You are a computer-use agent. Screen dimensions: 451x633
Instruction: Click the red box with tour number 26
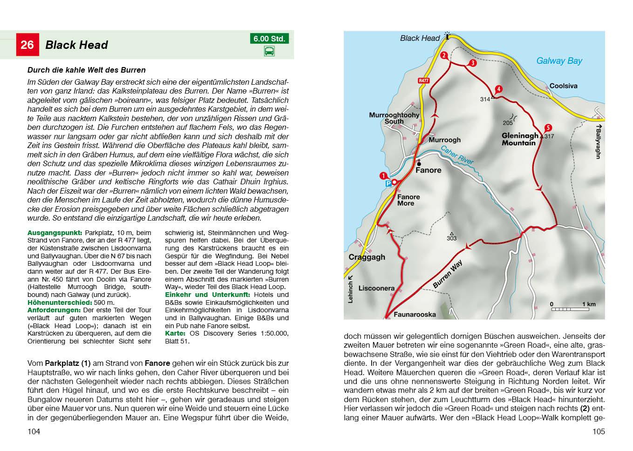[27, 45]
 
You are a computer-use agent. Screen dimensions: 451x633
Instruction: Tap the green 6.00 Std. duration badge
[269, 39]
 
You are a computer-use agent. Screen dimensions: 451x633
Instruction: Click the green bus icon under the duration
[269, 51]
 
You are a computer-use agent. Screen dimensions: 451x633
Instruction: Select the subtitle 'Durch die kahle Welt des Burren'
[86, 70]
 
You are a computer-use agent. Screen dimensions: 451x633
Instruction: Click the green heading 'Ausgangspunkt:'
[54, 233]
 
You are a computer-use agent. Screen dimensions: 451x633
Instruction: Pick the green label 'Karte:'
[175, 333]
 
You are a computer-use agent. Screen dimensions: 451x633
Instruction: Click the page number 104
[34, 431]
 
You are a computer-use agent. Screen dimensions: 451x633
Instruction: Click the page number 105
[599, 431]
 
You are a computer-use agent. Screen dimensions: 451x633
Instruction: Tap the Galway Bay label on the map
[559, 61]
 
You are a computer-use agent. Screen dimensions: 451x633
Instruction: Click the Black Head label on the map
[420, 38]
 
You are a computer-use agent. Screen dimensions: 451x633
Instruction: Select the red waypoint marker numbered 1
[383, 176]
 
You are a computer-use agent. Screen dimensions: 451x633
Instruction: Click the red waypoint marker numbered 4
[499, 89]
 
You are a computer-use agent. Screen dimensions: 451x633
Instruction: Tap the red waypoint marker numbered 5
[548, 128]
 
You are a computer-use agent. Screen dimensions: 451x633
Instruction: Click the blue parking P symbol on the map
[388, 184]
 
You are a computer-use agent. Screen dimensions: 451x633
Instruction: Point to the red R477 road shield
[423, 81]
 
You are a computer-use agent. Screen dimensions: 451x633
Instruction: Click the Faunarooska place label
[415, 314]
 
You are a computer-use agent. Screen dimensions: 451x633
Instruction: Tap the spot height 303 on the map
[451, 238]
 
